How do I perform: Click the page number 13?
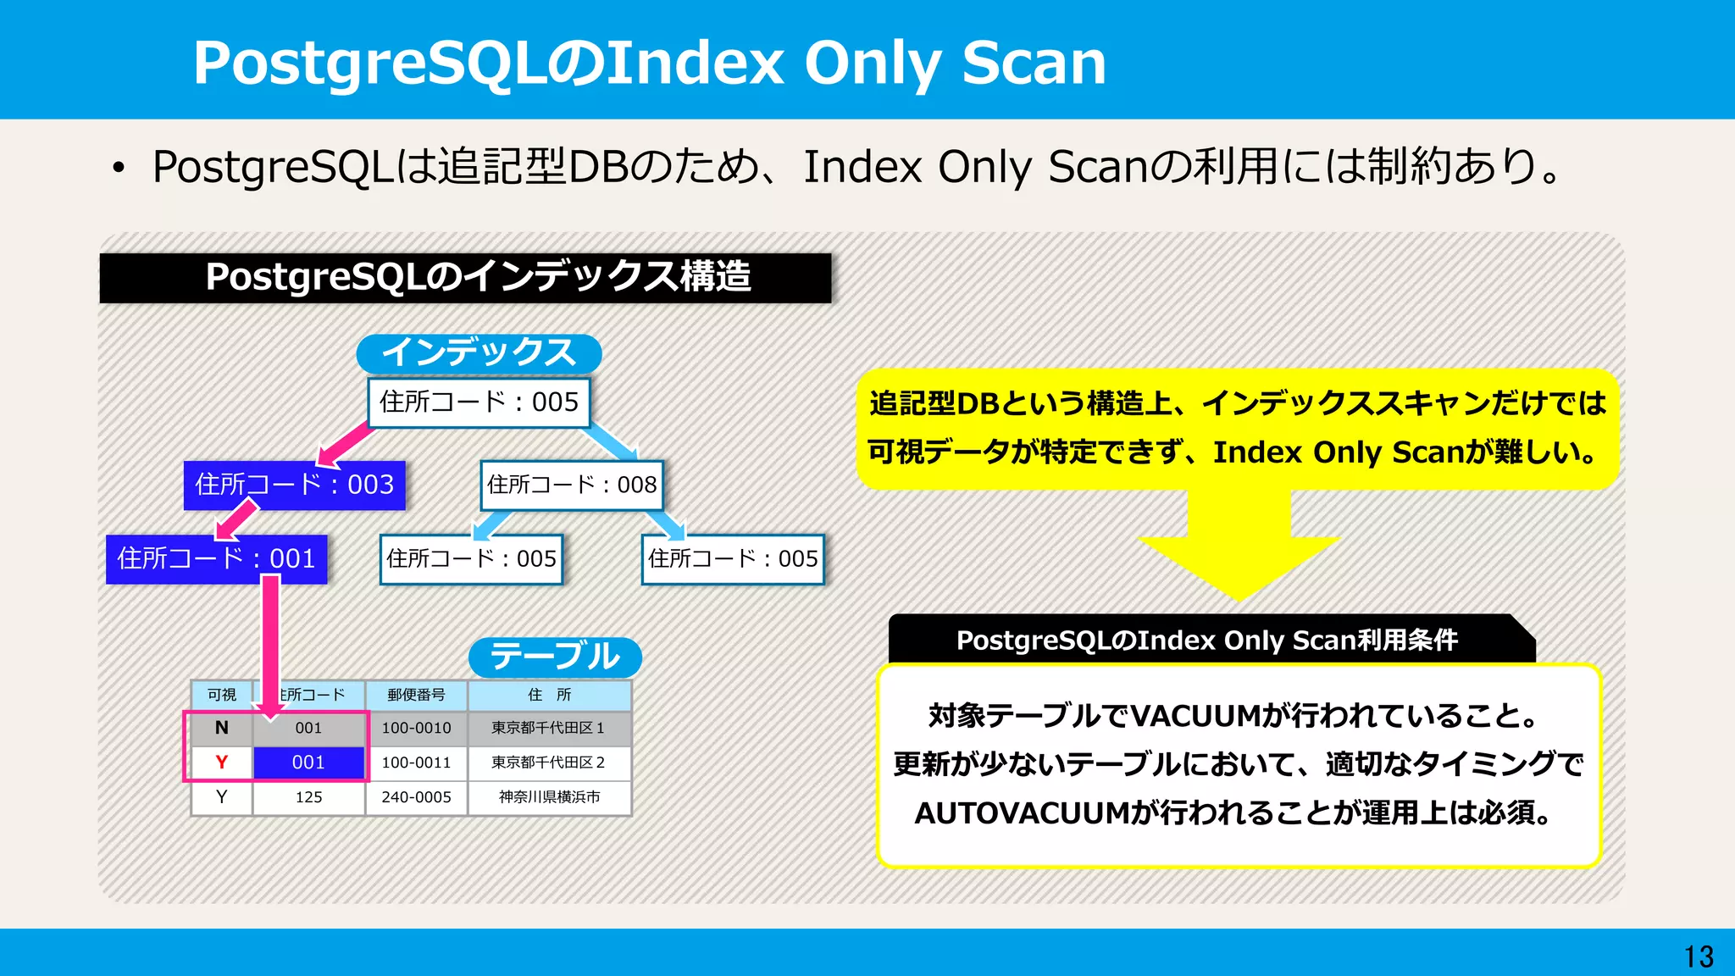click(1699, 957)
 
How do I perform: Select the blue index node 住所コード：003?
click(294, 485)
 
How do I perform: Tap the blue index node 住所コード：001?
click(216, 559)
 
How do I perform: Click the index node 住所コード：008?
click(572, 485)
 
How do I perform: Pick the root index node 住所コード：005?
click(479, 402)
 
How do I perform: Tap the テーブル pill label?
click(555, 657)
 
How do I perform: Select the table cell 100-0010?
click(416, 728)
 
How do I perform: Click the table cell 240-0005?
click(416, 797)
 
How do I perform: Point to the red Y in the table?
click(221, 762)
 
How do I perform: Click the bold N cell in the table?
click(221, 728)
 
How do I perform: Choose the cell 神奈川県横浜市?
click(549, 797)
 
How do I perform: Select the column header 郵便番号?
click(416, 695)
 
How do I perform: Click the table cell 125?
click(308, 797)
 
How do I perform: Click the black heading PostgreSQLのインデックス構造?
click(465, 278)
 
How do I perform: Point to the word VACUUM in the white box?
click(1195, 717)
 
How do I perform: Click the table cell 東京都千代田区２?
click(549, 762)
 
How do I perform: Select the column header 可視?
click(221, 695)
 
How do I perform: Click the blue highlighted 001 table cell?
click(308, 762)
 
